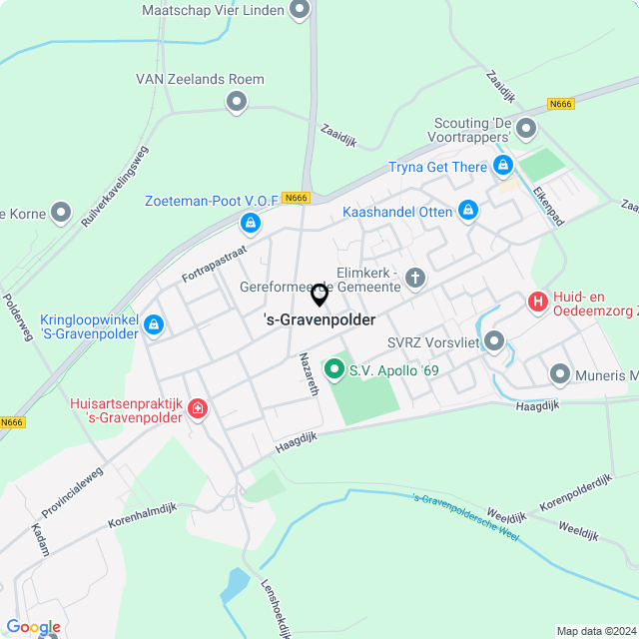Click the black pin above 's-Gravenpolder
319,295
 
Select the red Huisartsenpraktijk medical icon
198,407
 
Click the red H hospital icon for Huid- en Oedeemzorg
538,301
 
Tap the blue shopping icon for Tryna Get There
503,166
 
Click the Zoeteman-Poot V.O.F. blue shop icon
251,223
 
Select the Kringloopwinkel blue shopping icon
154,324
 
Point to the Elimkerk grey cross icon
414,277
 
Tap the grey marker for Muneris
559,375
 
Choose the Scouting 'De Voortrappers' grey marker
526,128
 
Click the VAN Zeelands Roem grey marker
237,101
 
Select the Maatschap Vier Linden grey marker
299,11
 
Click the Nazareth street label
310,374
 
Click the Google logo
33,627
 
